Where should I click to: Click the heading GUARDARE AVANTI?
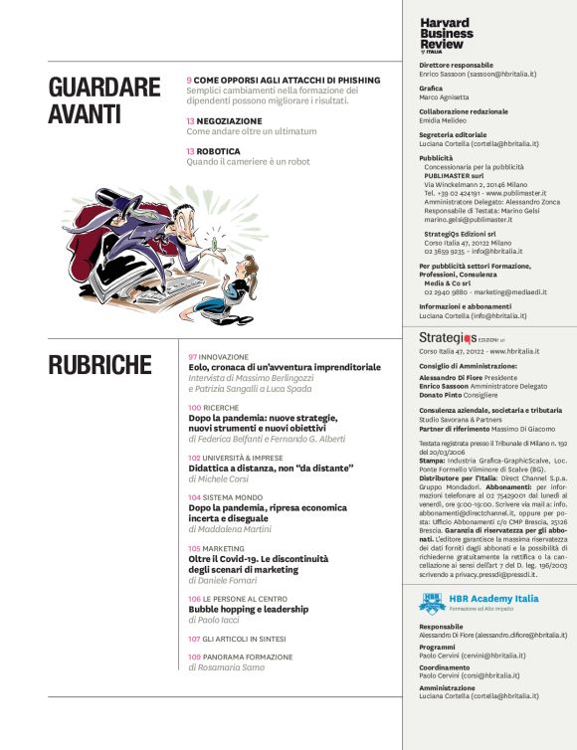[103, 99]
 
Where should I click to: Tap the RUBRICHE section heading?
[99, 365]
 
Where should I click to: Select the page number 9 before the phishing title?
[189, 79]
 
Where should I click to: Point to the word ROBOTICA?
[218, 151]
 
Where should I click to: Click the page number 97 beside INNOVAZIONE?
[192, 356]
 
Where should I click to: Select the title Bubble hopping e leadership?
[249, 609]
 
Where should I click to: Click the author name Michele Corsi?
[220, 479]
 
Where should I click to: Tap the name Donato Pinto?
[444, 394]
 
